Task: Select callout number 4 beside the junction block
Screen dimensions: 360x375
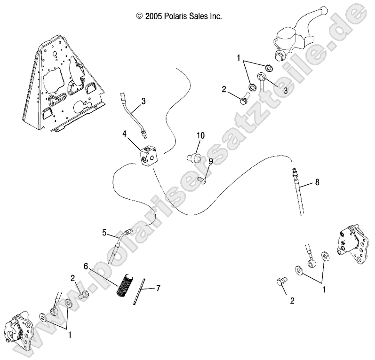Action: pyautogui.click(x=125, y=133)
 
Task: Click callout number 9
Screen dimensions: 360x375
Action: pyautogui.click(x=210, y=161)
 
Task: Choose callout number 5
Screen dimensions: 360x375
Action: pyautogui.click(x=104, y=232)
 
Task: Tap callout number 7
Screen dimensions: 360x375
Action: pyautogui.click(x=158, y=288)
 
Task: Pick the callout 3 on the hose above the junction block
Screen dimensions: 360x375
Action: pyautogui.click(x=143, y=100)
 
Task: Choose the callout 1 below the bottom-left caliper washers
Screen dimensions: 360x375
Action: pyautogui.click(x=70, y=335)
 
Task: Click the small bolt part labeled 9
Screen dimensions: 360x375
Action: pyautogui.click(x=203, y=179)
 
